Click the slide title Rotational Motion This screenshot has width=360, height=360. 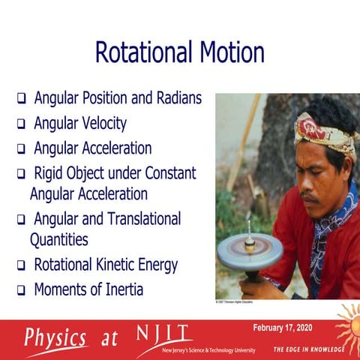point(179,52)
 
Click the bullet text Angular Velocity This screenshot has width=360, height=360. point(80,123)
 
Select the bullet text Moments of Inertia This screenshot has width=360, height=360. point(88,289)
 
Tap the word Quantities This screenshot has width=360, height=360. point(59,240)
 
